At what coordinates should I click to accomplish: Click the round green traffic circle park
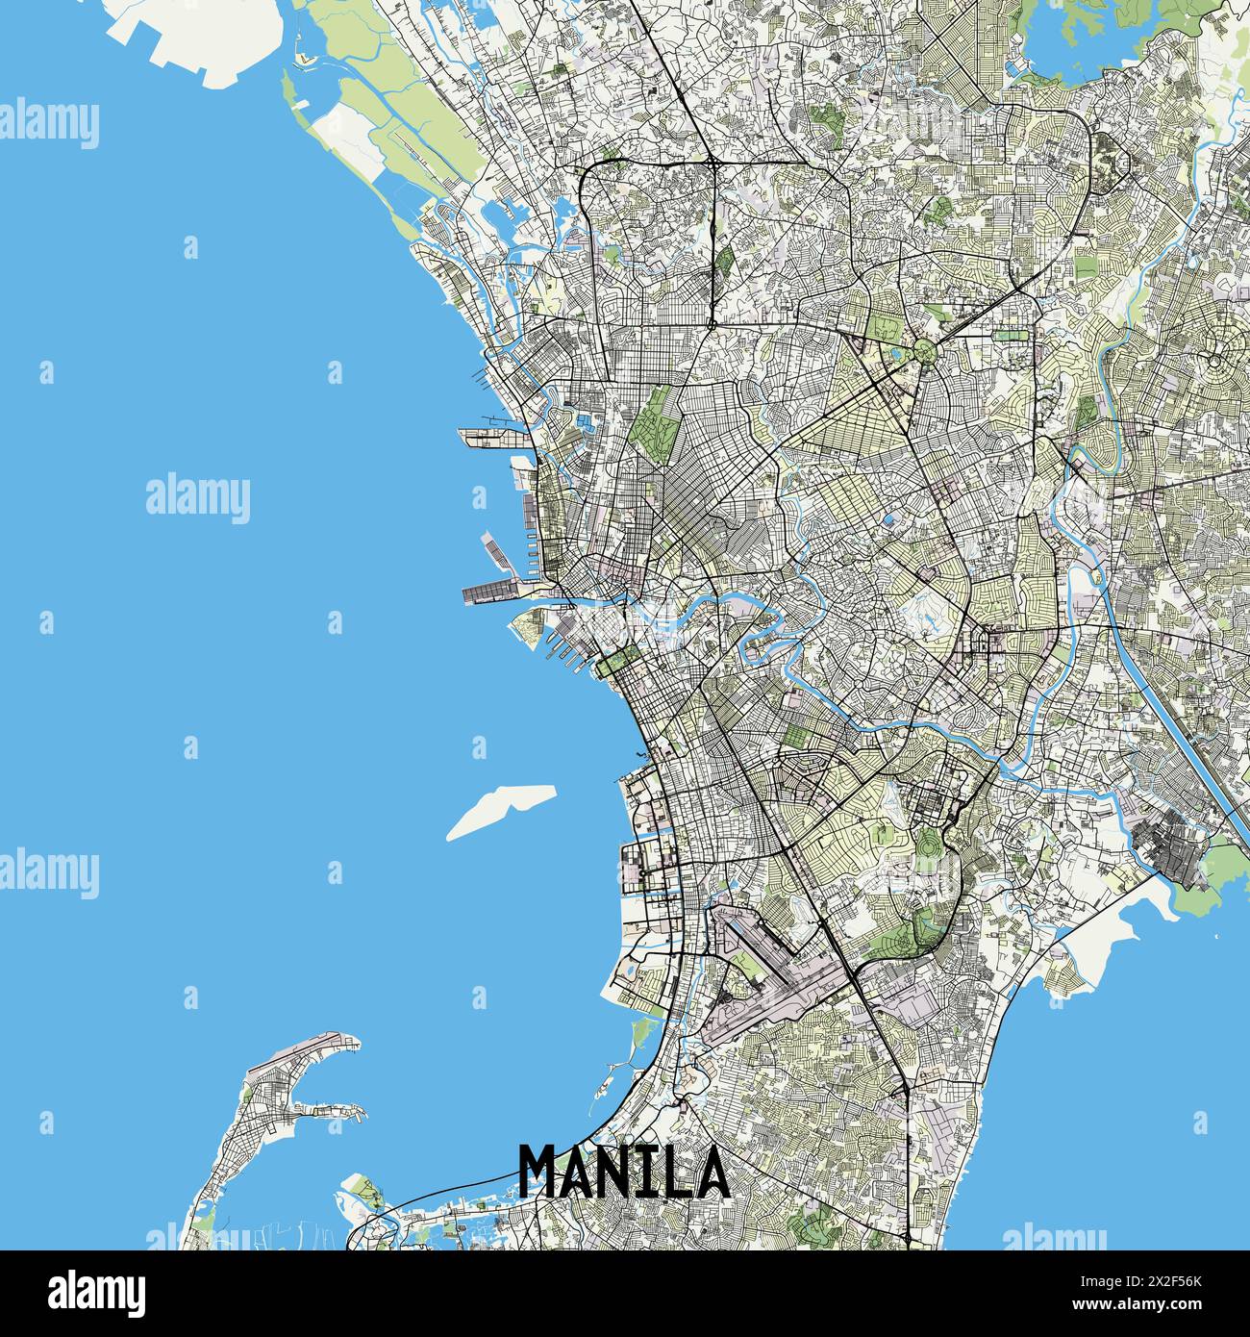tap(925, 350)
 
